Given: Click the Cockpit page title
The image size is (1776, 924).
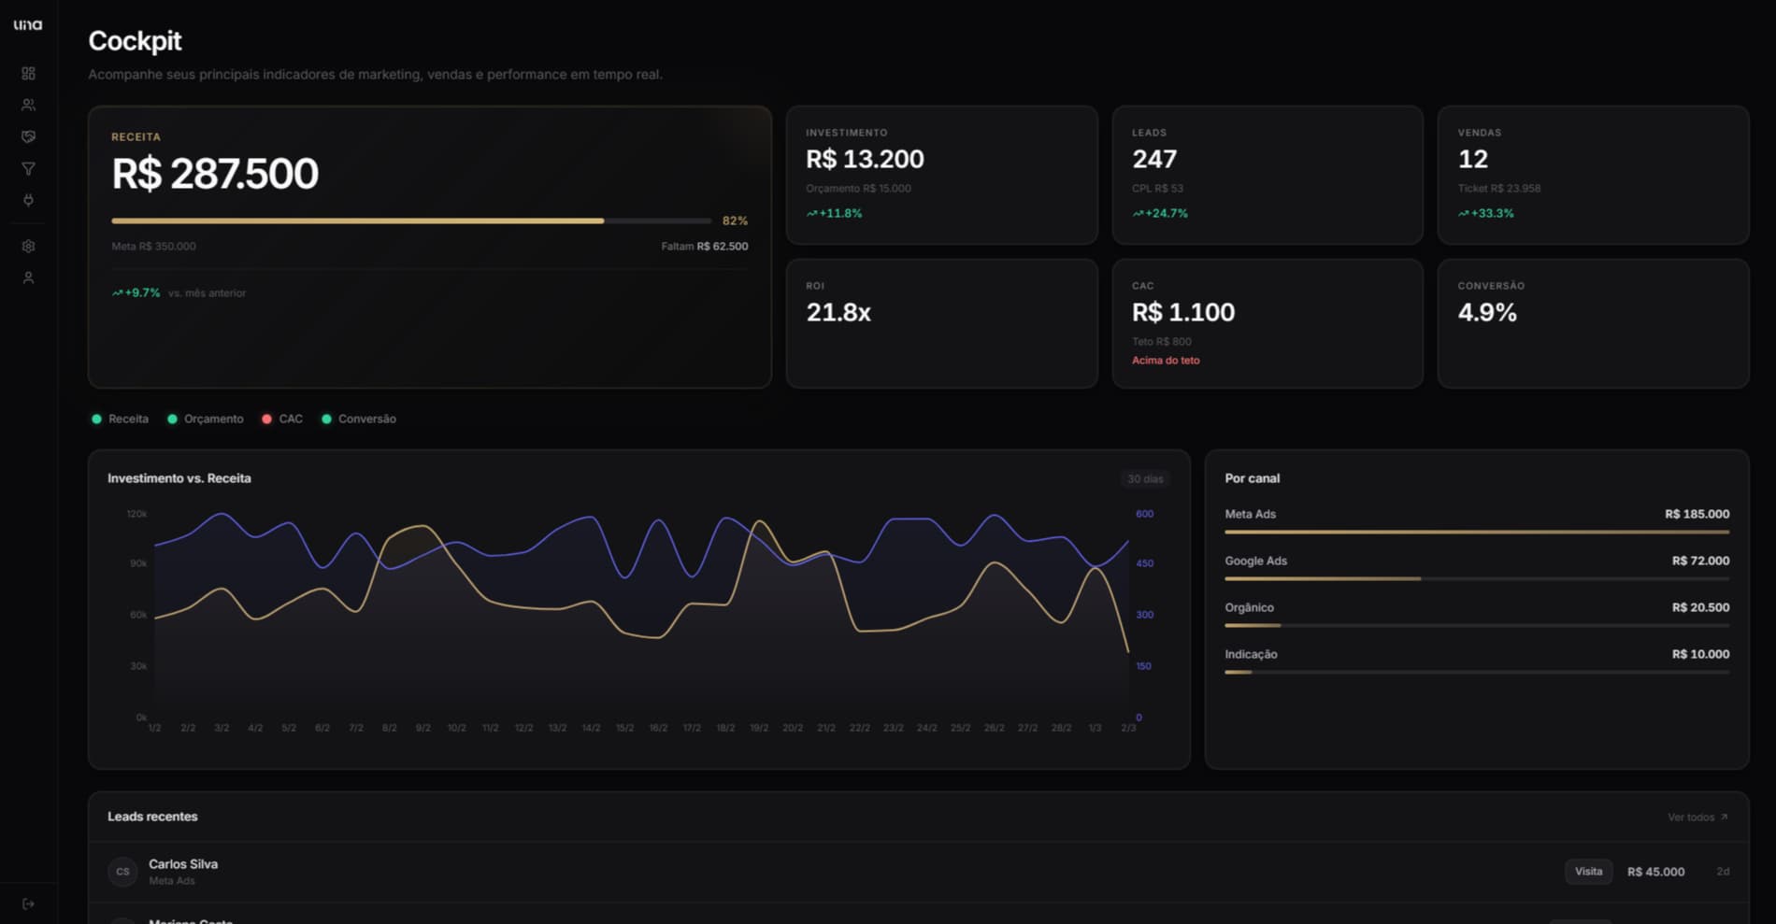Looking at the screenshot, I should pyautogui.click(x=135, y=41).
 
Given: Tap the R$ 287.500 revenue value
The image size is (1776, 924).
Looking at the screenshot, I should pyautogui.click(x=215, y=174).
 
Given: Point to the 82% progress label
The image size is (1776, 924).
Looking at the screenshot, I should pyautogui.click(x=735, y=221).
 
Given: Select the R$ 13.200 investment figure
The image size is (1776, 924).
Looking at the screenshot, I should pyautogui.click(x=865, y=160).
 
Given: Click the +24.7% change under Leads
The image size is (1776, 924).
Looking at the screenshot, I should pyautogui.click(x=1160, y=214).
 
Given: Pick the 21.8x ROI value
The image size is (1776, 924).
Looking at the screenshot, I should pyautogui.click(x=838, y=313).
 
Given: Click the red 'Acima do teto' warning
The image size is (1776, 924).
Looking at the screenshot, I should pyautogui.click(x=1166, y=361).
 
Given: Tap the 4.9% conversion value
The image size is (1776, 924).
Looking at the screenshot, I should pyautogui.click(x=1487, y=313).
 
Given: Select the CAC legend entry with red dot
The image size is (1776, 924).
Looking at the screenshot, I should pyautogui.click(x=283, y=419).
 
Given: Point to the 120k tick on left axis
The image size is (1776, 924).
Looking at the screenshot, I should pyautogui.click(x=136, y=514).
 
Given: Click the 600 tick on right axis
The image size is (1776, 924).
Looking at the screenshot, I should pyautogui.click(x=1144, y=514).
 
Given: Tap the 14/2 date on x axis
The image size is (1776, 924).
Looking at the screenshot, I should pyautogui.click(x=591, y=728).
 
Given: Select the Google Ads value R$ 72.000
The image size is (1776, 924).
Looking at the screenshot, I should pyautogui.click(x=1700, y=561).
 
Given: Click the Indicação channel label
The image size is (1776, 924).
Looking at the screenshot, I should pyautogui.click(x=1251, y=654).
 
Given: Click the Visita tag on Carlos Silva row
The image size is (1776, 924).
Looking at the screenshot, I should pyautogui.click(x=1588, y=872).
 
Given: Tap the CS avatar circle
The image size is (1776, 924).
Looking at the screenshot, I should pyautogui.click(x=122, y=872).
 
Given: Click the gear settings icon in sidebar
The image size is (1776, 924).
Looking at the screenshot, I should pyautogui.click(x=28, y=247).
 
